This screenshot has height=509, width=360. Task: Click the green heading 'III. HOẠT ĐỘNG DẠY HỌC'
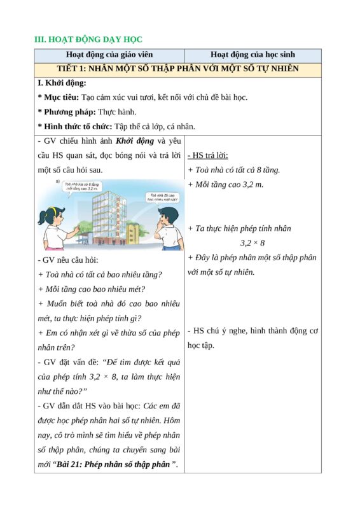(88, 40)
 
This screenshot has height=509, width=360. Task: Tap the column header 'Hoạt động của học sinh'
(253, 55)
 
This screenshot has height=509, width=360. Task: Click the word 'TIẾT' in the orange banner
(69, 69)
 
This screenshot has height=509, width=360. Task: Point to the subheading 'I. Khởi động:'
(62, 83)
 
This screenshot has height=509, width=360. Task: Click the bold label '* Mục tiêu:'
(59, 97)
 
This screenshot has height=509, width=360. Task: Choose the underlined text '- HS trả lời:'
(208, 155)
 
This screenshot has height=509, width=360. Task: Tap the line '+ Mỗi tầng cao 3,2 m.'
(225, 185)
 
